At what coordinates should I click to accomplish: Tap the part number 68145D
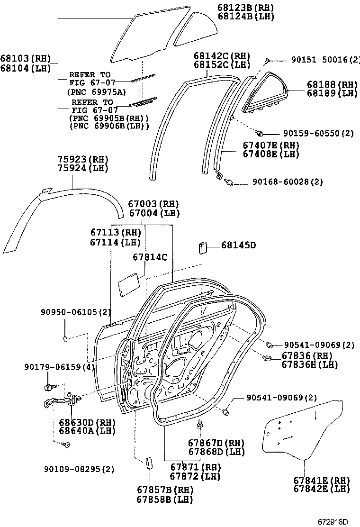click(238, 245)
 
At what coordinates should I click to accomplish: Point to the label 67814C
click(150, 257)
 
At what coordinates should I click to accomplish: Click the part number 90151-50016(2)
click(319, 60)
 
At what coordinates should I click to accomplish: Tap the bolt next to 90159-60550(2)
click(259, 133)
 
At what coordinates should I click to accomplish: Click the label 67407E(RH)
click(270, 145)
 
